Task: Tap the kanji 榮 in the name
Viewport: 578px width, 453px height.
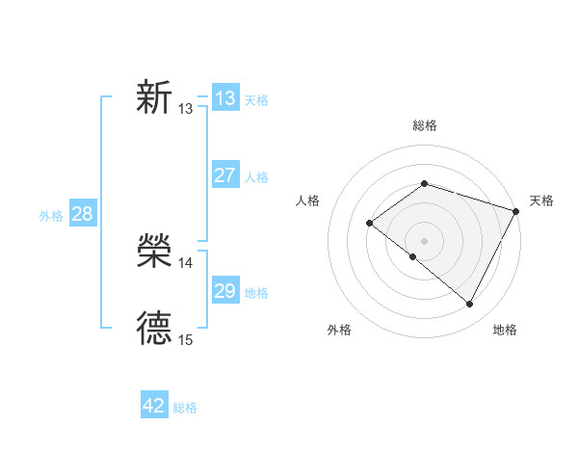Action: pyautogui.click(x=154, y=253)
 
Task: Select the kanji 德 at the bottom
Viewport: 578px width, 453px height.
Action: pyautogui.click(x=154, y=329)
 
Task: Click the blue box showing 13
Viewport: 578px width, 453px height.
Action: pyautogui.click(x=224, y=97)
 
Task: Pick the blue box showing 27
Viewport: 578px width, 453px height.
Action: pyautogui.click(x=224, y=174)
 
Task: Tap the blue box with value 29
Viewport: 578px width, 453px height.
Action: pyautogui.click(x=224, y=290)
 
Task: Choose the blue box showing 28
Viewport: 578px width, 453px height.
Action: pyautogui.click(x=82, y=213)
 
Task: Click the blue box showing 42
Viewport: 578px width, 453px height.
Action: pyautogui.click(x=154, y=406)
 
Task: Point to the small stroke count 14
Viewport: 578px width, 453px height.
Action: pyautogui.click(x=186, y=262)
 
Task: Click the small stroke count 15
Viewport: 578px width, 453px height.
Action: pyautogui.click(x=186, y=339)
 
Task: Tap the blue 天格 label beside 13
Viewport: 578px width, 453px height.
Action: pyautogui.click(x=256, y=99)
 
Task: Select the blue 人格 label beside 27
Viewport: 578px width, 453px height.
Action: pyautogui.click(x=256, y=177)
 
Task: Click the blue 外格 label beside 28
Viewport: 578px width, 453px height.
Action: pyautogui.click(x=51, y=216)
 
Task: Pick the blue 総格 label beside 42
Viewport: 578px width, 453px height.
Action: pyautogui.click(x=185, y=409)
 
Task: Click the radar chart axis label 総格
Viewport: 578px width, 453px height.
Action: pyautogui.click(x=425, y=125)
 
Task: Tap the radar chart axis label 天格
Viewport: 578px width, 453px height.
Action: pyautogui.click(x=542, y=200)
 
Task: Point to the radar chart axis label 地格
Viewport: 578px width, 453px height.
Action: pyautogui.click(x=505, y=330)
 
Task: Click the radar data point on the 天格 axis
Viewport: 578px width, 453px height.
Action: pyautogui.click(x=516, y=211)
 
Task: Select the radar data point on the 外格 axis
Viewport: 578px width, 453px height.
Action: pyautogui.click(x=413, y=256)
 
